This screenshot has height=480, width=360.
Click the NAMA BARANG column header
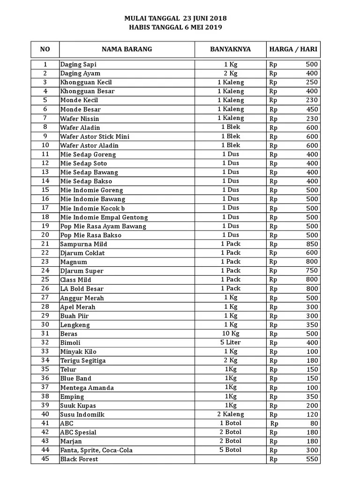point(127,49)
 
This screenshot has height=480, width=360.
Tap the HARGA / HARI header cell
point(293,49)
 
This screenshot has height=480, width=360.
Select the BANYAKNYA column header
point(230,49)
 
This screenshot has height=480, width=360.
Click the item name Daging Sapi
point(78,64)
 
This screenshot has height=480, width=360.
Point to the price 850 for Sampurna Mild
point(311,244)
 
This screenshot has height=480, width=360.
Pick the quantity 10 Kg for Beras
point(231,333)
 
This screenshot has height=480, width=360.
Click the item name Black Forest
point(79,459)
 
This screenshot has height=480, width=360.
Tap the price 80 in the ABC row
point(314,423)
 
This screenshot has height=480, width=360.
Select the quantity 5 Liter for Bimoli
point(231,342)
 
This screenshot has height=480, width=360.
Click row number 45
point(45,459)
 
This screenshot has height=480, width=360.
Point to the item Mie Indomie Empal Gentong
point(104,217)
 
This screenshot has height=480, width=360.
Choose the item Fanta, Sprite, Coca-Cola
point(96,450)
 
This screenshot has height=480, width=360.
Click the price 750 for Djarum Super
point(311,270)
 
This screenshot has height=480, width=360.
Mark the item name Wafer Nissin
point(79,118)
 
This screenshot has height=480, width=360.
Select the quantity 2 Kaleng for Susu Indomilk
point(231,414)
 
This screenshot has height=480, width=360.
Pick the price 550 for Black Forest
point(311,459)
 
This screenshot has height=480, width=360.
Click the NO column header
point(45,49)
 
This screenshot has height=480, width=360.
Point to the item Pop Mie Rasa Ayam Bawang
point(103,226)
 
